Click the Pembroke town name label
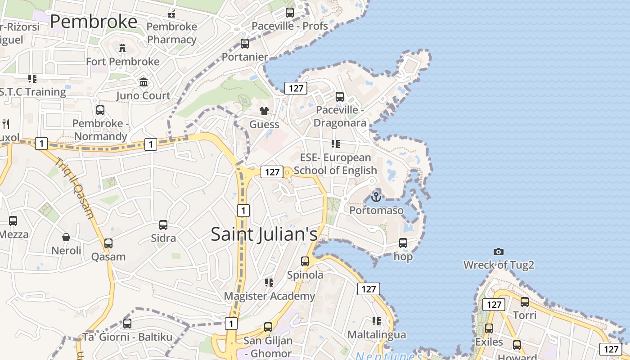point(94,22)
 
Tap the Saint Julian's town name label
point(264,234)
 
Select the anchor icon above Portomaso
point(376,197)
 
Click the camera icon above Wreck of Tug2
point(498,252)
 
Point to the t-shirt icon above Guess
point(264,111)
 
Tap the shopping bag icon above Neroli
point(66,237)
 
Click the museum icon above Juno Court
point(144,82)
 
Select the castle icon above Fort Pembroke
point(122,48)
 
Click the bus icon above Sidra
point(163,225)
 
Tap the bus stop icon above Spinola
point(305,261)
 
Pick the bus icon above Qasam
point(108,243)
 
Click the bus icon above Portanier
point(245,44)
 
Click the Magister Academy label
point(269,296)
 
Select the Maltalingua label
point(377,335)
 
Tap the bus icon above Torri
point(525,301)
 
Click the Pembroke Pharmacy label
point(172,33)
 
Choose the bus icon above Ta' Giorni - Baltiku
point(127,323)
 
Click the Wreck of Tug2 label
point(499,265)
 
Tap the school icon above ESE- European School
point(335,144)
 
